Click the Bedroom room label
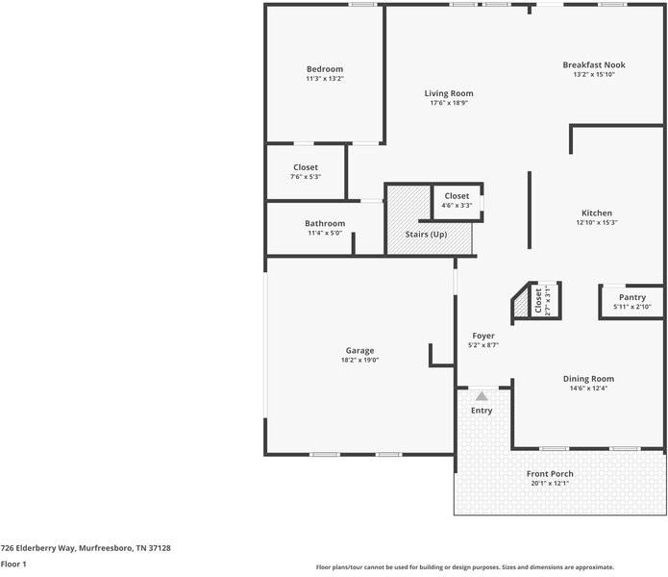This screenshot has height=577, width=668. (x=325, y=69)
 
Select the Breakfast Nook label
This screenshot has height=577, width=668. (x=593, y=64)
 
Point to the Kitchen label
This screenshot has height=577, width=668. (x=596, y=213)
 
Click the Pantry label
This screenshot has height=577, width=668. (x=631, y=297)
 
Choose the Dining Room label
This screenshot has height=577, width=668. (x=588, y=379)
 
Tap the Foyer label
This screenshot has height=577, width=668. (x=482, y=336)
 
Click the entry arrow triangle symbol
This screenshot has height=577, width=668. (x=482, y=395)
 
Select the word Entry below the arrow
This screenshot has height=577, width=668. (x=482, y=411)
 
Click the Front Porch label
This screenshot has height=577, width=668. (x=550, y=474)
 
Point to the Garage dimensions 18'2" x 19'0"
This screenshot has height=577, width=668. (x=359, y=360)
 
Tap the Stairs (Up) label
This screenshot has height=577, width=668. (x=427, y=234)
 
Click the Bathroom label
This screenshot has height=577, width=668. (x=325, y=223)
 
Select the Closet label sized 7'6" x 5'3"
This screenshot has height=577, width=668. (x=305, y=167)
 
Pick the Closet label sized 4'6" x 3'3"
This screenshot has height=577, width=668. (x=457, y=196)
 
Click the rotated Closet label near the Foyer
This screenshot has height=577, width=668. (x=538, y=301)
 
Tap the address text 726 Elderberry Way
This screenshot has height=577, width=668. (x=86, y=547)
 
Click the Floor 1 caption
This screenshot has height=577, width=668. (x=13, y=564)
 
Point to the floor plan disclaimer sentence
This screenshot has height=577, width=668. (x=464, y=567)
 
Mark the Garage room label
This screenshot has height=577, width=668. (x=359, y=350)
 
